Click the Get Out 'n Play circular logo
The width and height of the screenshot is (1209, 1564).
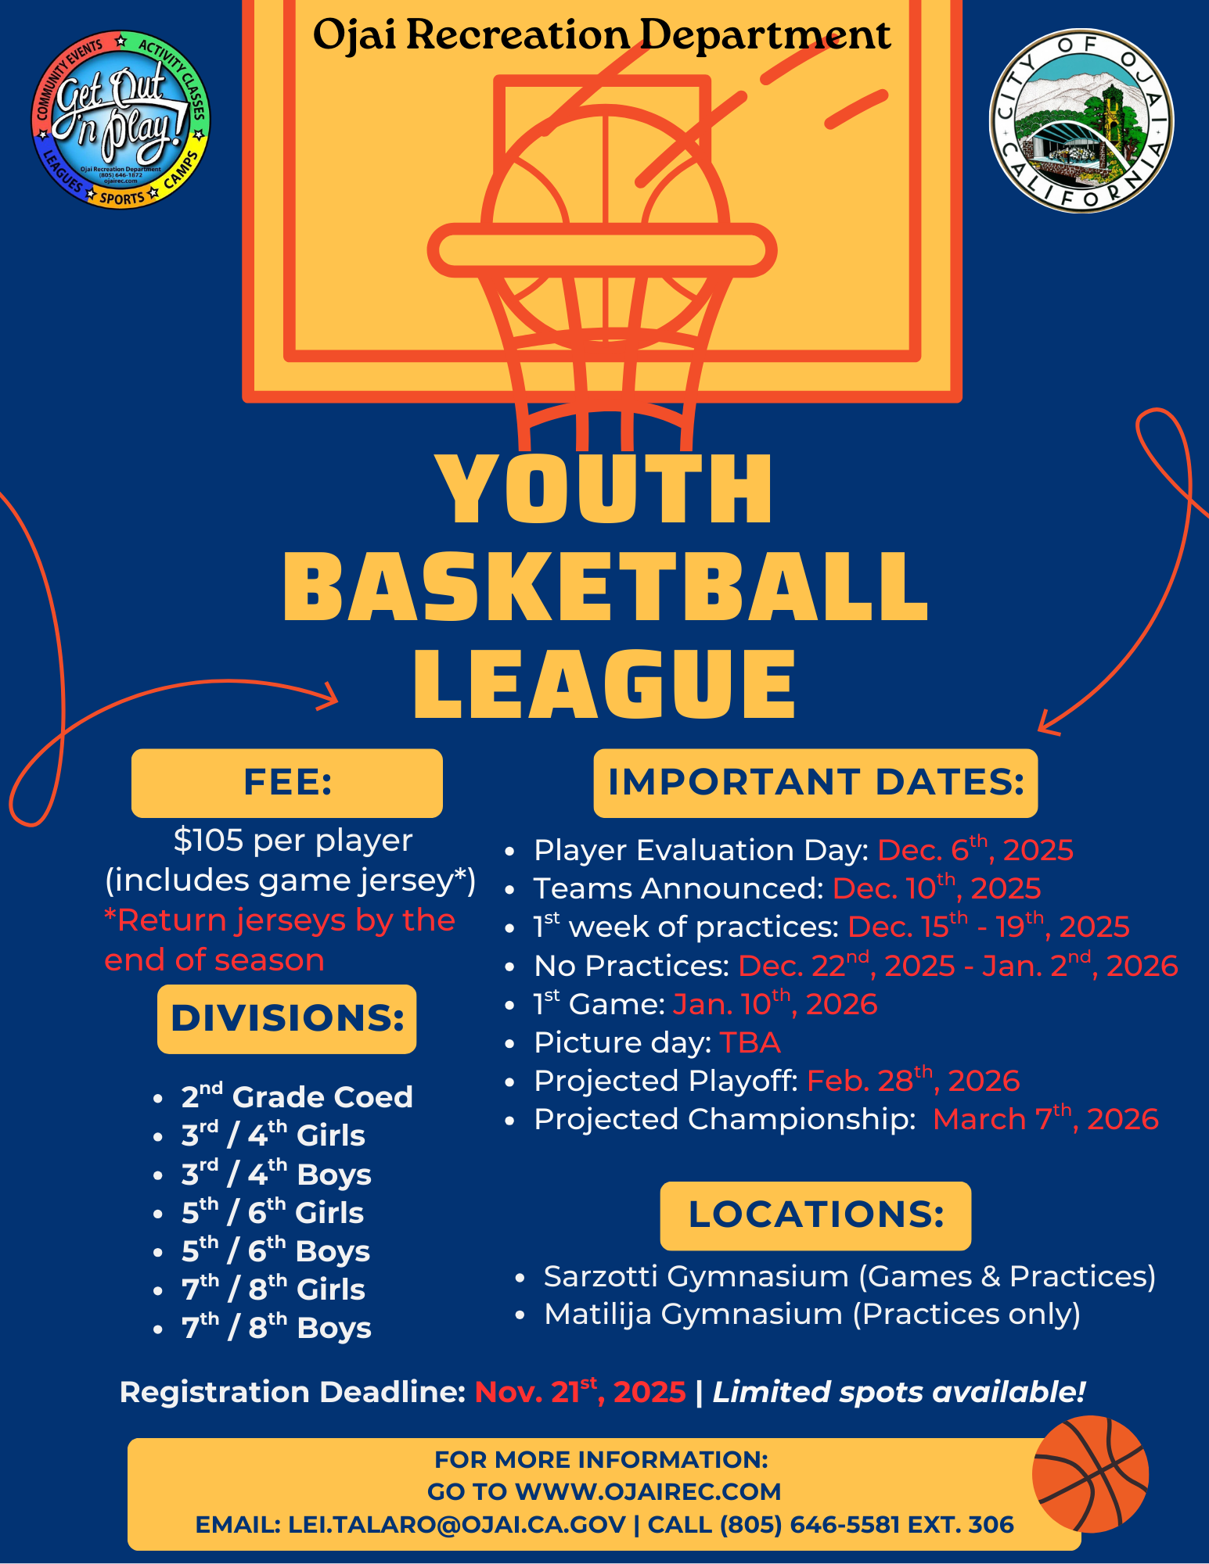coord(121,120)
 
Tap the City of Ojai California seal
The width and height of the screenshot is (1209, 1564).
coord(1081,120)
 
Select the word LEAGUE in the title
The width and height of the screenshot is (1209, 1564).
coord(604,683)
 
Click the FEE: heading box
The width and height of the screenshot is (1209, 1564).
coord(287,783)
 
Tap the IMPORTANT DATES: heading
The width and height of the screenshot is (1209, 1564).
coord(815,783)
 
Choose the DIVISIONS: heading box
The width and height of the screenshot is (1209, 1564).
coord(287,1019)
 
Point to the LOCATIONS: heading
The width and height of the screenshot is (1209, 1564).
coord(815,1215)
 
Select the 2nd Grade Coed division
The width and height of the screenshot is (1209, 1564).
coord(297,1096)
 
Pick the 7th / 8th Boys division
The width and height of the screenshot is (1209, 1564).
coord(276,1327)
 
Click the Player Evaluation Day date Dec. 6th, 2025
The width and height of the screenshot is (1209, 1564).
coord(975,850)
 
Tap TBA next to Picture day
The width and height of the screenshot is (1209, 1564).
coord(750,1042)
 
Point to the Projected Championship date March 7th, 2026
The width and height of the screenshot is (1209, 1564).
coord(1045,1119)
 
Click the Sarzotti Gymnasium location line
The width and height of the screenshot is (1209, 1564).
coord(849,1276)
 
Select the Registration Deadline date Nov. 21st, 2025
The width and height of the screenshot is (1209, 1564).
coord(580,1392)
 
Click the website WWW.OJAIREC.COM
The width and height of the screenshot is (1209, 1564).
coord(648,1491)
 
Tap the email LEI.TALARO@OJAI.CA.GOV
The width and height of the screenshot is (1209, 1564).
coord(457,1524)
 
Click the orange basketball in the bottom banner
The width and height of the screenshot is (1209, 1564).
coord(1090,1474)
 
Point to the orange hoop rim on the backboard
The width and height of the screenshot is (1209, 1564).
coord(601,250)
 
